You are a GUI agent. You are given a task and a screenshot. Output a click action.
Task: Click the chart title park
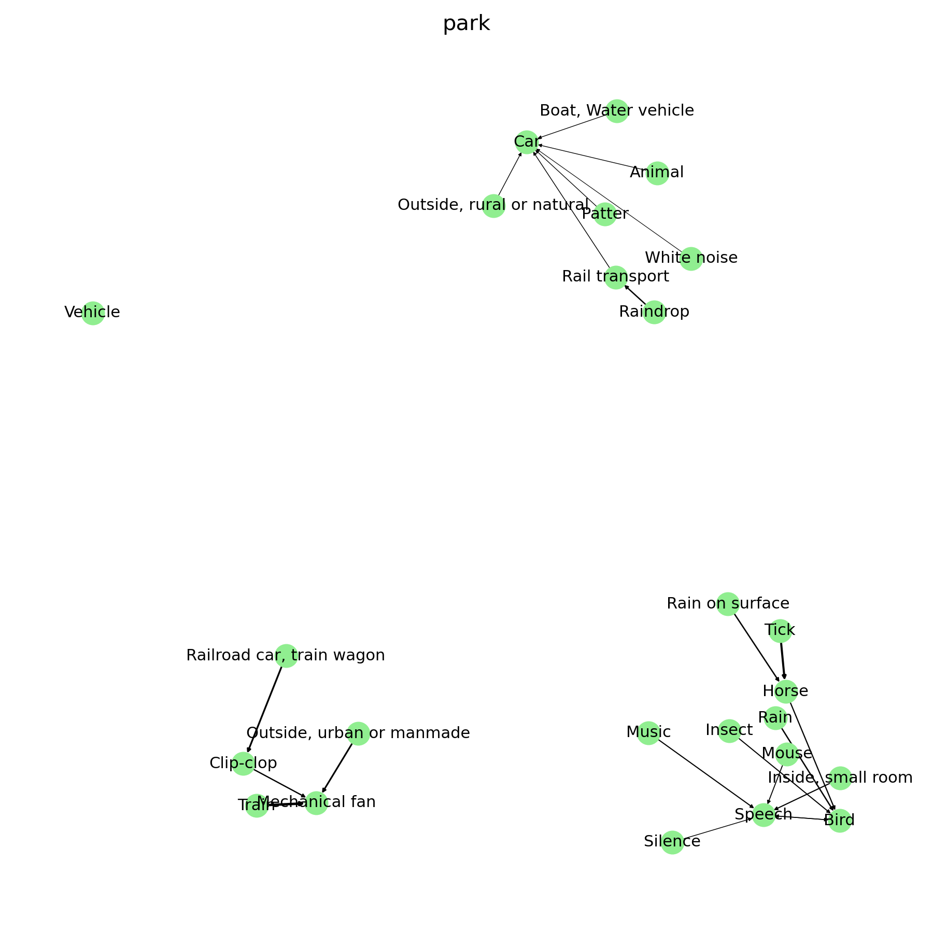[466, 24]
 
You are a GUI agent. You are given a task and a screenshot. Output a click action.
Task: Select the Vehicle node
[93, 313]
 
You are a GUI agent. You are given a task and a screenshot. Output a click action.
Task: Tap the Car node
[527, 142]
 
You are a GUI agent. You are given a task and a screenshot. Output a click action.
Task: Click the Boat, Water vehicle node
[617, 111]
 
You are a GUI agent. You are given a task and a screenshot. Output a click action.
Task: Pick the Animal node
[657, 173]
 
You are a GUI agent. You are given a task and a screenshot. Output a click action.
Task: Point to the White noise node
[691, 258]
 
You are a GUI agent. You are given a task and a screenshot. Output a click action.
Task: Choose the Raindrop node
[654, 312]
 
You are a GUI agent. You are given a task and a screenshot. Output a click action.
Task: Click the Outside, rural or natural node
[493, 206]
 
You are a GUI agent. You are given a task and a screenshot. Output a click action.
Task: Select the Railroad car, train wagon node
[286, 656]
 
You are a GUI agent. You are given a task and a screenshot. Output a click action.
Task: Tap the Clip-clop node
[243, 764]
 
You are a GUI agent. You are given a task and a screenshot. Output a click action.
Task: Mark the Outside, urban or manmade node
[358, 733]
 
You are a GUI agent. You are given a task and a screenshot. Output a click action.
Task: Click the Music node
[648, 733]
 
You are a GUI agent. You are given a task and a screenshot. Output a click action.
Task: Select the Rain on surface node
[728, 604]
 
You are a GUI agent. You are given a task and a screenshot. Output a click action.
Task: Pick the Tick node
[780, 631]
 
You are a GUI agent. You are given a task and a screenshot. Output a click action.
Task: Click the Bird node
[839, 821]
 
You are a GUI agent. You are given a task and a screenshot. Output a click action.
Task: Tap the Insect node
[729, 731]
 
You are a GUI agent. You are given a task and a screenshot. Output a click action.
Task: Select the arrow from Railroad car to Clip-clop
[264, 710]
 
